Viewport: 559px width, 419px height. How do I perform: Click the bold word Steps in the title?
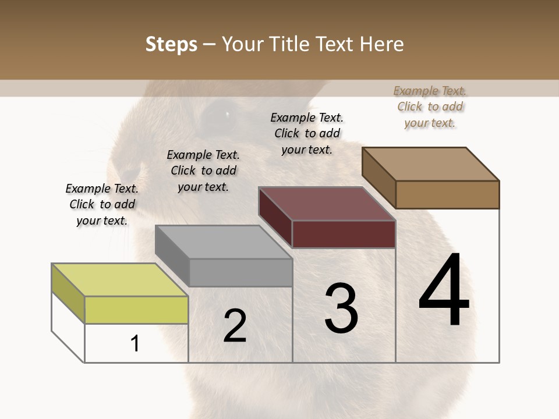[171, 44]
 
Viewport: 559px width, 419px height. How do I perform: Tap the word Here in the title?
[383, 44]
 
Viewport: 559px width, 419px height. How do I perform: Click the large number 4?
[444, 291]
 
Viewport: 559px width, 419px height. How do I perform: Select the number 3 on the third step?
[341, 308]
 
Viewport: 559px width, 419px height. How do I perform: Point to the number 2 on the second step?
[235, 326]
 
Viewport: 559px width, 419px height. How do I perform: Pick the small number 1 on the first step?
[135, 343]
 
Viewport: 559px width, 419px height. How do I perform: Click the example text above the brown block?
[430, 106]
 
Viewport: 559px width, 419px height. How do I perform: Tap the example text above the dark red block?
[307, 133]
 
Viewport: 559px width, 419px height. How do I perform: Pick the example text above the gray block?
[203, 171]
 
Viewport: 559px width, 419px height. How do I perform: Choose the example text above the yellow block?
[102, 204]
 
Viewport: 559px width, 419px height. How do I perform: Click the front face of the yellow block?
[136, 310]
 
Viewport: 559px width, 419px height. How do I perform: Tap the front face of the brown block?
[447, 194]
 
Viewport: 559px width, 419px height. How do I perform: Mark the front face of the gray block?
[240, 272]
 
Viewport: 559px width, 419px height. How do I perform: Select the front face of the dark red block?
[344, 234]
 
